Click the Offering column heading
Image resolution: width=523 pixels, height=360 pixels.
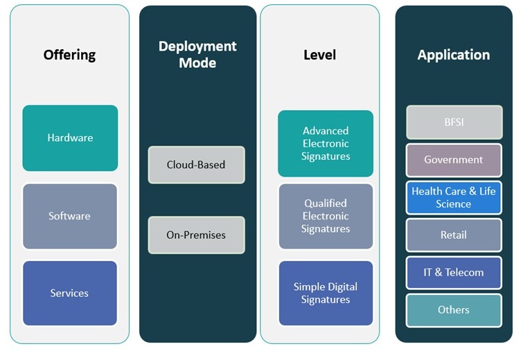click(69, 55)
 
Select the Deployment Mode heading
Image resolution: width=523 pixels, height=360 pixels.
click(197, 55)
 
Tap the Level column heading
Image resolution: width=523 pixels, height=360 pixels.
click(319, 55)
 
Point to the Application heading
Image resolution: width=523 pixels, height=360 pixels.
click(454, 55)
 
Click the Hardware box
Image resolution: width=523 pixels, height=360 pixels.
click(70, 138)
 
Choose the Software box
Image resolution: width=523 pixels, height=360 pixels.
click(70, 216)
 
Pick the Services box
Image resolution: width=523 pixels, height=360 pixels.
click(70, 293)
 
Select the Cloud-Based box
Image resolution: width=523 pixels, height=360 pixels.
click(196, 165)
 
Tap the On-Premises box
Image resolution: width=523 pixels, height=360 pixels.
click(196, 235)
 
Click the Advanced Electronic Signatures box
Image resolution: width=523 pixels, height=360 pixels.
click(326, 143)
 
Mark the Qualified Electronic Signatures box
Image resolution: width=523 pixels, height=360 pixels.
click(326, 216)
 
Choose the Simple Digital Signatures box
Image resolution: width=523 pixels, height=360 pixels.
click(326, 293)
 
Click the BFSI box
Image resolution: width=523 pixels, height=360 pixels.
click(454, 123)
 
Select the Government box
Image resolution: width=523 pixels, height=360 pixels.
click(454, 160)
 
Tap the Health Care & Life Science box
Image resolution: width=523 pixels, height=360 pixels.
click(454, 197)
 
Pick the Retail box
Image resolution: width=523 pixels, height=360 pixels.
click(454, 235)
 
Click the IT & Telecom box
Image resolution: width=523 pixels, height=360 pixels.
click(454, 272)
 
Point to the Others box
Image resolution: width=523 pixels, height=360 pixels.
click(454, 309)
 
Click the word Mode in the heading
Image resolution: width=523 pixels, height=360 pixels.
click(197, 63)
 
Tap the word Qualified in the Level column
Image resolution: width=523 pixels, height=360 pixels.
click(326, 204)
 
